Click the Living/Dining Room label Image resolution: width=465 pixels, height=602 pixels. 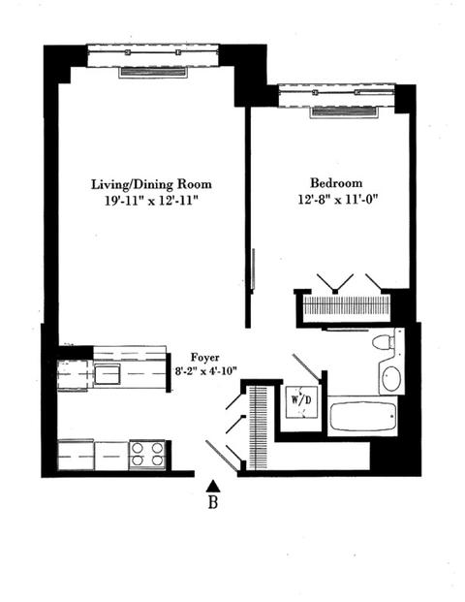coord(151,184)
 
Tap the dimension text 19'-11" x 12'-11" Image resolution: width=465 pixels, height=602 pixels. coord(151,201)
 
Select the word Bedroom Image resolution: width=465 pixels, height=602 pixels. coord(336,183)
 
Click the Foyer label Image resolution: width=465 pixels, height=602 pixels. coord(205,358)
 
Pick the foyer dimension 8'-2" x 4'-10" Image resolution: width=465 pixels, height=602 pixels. coord(205,371)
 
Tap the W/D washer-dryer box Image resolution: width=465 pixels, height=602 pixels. coord(301,401)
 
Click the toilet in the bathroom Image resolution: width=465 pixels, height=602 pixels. coord(384,341)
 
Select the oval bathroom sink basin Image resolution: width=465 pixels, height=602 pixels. coord(391,379)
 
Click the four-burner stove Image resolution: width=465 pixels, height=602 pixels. coord(147,455)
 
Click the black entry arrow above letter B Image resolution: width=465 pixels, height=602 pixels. coord(212,486)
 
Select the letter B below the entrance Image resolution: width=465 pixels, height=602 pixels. coord(212,502)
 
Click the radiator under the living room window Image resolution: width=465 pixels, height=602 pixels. coord(153,72)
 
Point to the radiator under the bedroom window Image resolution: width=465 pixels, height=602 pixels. coord(343,111)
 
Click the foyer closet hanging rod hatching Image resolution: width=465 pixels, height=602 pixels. coord(258,428)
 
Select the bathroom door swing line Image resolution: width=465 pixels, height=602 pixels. coord(306,367)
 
